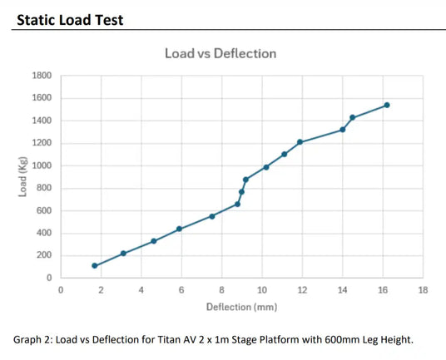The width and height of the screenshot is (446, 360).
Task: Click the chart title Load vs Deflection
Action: pos(220,54)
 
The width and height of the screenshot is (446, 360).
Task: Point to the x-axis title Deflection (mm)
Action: pos(241,308)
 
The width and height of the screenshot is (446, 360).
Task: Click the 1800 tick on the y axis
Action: pos(42,76)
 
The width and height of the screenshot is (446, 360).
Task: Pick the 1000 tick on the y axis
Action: pos(42,165)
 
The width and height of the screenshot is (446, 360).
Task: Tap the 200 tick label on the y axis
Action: pos(44,255)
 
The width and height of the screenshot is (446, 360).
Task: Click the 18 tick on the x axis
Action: pos(423,289)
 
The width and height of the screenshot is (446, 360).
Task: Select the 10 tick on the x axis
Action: pos(262,289)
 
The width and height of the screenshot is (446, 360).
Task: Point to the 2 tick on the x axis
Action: pos(101,289)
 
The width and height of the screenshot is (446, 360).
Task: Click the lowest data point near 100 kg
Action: pos(95,266)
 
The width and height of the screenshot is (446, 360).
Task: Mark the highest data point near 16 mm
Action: pos(387,105)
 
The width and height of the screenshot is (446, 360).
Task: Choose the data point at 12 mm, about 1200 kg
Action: pos(300,142)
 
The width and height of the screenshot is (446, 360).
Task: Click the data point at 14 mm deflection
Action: pos(343,130)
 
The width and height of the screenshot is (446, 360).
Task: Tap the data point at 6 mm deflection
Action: pos(180,229)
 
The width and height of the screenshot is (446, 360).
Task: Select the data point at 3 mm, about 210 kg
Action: pos(123,254)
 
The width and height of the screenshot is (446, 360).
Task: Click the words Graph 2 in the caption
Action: pos(34,339)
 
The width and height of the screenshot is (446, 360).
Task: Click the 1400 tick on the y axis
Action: pos(42,121)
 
